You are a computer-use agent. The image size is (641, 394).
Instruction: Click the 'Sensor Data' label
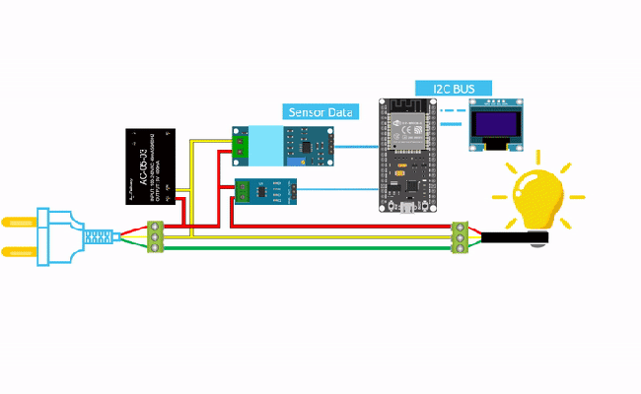click(320, 112)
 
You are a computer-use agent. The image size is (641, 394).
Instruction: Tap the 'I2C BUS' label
click(453, 89)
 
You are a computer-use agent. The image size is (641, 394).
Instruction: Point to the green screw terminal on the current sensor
click(243, 192)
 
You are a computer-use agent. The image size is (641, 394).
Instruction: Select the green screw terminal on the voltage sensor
click(241, 145)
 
